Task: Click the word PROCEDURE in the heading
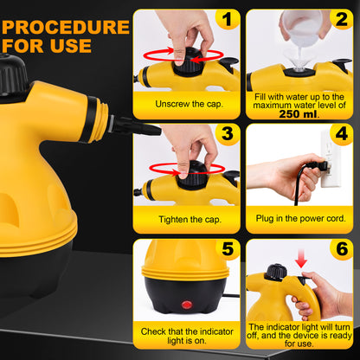(x=66, y=27)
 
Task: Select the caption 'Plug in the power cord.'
(x=300, y=220)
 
